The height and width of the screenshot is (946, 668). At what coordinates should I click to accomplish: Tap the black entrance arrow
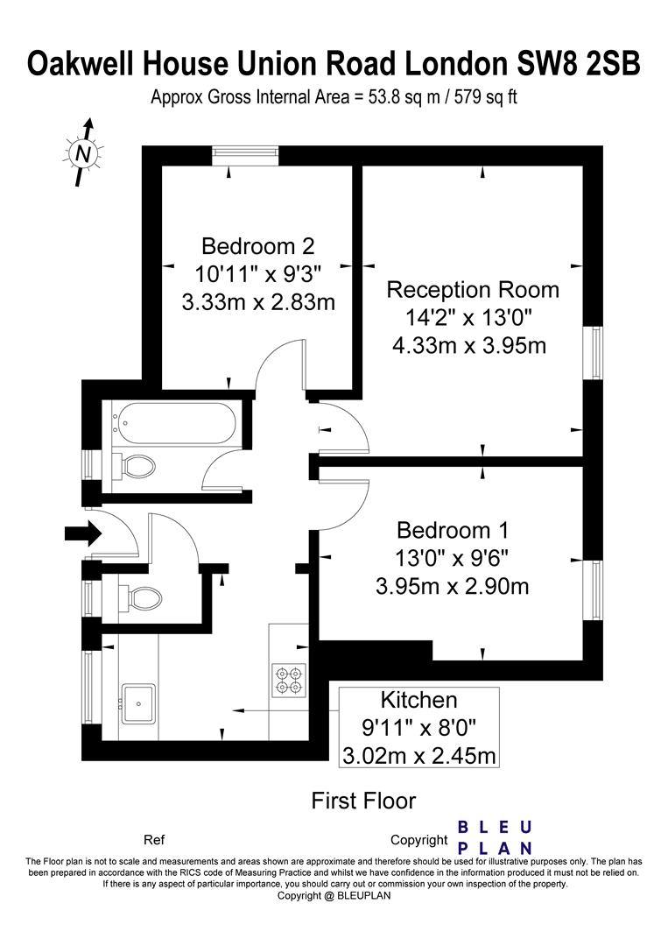83,533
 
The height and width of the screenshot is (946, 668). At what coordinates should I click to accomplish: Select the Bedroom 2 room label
258,246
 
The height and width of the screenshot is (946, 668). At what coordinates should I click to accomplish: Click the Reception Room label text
473,290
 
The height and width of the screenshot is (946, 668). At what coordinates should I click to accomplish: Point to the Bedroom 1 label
453,530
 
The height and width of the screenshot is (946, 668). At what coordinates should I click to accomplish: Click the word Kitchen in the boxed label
419,700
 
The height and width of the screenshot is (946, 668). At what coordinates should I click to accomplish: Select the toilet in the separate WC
140,598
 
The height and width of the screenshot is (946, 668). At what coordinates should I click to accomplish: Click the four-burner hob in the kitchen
289,680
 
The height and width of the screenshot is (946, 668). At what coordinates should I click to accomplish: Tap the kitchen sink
138,703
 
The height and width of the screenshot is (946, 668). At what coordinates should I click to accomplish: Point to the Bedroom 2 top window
245,156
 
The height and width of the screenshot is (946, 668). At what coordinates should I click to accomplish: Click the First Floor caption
363,801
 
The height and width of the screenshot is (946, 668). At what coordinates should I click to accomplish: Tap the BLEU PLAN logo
495,837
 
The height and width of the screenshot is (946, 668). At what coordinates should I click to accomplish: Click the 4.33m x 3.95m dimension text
469,346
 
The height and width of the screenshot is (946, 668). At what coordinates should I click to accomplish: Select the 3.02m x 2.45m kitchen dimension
419,755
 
